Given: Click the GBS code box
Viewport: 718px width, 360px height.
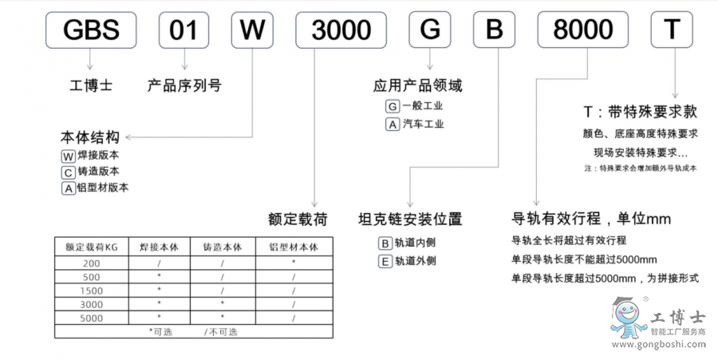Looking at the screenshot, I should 89,30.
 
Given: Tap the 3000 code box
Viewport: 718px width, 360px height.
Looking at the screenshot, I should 341,30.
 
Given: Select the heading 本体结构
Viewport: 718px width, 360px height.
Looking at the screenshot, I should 89,136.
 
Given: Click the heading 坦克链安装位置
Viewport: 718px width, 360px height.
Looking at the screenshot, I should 410,218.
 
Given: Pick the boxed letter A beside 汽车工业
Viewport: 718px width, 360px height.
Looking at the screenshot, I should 392,124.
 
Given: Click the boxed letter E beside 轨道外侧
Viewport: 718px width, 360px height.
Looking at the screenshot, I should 385,260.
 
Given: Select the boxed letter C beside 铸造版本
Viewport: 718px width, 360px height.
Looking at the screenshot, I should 68,172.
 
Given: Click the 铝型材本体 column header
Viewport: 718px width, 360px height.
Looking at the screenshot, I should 294,247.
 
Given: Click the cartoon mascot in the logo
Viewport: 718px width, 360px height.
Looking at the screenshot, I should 628,318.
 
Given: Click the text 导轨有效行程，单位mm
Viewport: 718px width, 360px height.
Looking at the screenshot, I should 591,218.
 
